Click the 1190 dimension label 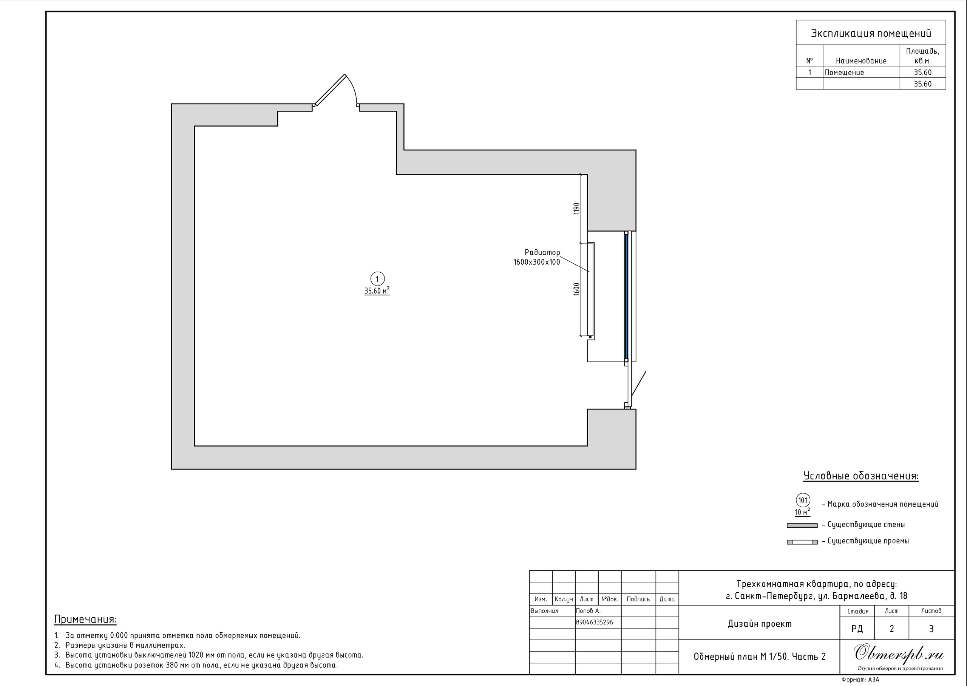click(577, 209)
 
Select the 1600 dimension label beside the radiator click(577, 289)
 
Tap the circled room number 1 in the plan click(377, 279)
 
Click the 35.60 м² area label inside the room click(377, 290)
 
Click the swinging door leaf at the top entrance click(331, 90)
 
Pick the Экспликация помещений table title click(871, 34)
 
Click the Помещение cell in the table click(845, 73)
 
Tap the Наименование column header click(861, 61)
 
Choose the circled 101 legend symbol click(803, 501)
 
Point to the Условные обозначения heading click(860, 476)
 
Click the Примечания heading click(85, 620)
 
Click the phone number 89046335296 click(595, 622)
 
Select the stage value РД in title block click(857, 629)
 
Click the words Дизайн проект click(760, 624)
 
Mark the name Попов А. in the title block click(588, 611)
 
